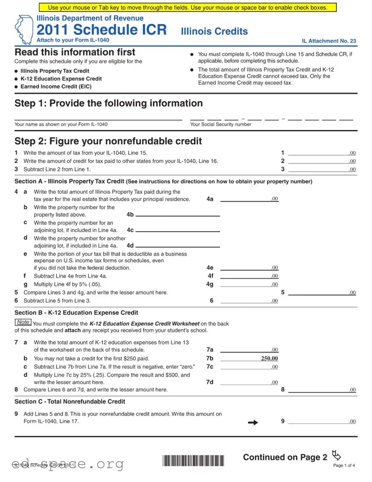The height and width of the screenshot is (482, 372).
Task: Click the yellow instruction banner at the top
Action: point(188,8)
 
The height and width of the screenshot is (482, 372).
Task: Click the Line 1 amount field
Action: point(322,153)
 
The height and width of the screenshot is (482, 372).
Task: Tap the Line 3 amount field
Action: point(322,169)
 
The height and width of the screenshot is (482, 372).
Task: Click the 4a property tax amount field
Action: point(249,199)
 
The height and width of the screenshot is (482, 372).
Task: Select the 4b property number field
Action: point(178,214)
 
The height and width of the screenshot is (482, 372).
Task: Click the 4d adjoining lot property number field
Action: point(178,246)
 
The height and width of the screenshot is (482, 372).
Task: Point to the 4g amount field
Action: point(249,284)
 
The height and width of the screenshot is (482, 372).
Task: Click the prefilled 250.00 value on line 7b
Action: point(269,358)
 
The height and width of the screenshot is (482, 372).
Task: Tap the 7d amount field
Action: point(249,382)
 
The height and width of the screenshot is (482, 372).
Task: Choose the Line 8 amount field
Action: point(322,390)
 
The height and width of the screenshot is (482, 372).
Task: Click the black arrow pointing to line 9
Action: point(253,423)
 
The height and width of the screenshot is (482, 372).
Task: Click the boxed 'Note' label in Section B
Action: point(23,322)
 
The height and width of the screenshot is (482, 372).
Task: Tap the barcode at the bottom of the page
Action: point(193,461)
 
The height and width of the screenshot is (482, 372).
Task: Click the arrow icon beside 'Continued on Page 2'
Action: point(336,454)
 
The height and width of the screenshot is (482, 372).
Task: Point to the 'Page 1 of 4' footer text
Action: point(344,465)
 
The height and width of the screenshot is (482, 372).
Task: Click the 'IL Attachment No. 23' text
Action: point(329,41)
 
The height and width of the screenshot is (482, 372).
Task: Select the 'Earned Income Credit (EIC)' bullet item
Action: point(56,86)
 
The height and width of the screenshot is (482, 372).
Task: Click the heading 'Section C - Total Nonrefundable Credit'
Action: point(70,401)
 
